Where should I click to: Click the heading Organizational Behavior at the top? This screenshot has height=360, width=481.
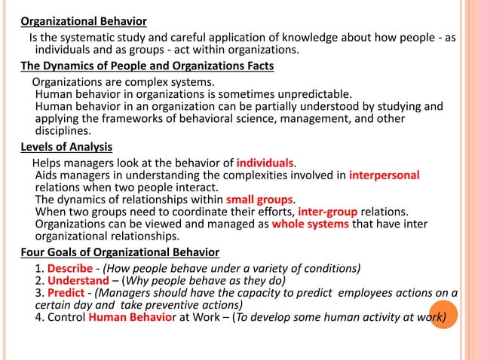(83, 20)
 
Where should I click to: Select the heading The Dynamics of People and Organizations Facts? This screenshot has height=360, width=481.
(147, 66)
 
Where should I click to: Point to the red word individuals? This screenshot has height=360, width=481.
(265, 162)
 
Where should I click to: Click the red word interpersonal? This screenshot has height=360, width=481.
(384, 175)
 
